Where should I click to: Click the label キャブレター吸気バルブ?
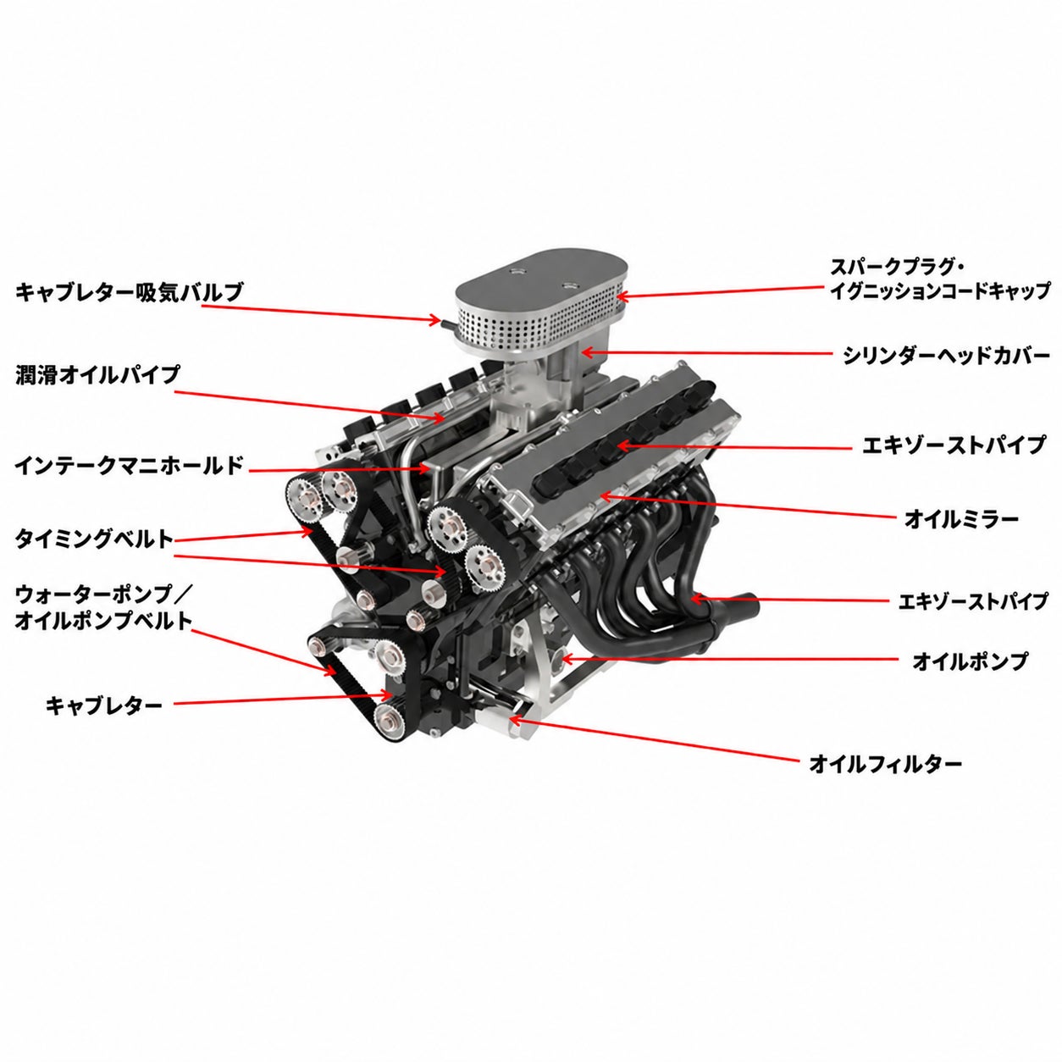point(129,292)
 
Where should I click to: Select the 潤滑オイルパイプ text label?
point(97,375)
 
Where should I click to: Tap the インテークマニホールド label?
point(129,466)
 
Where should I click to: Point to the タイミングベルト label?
point(94,539)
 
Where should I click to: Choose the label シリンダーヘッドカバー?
point(946,356)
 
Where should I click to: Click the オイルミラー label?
point(961,518)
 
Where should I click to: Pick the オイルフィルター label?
point(886,764)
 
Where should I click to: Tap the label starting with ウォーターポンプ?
point(103,608)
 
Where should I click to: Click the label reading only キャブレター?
point(104,705)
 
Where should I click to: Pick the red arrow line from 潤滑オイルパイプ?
point(308,405)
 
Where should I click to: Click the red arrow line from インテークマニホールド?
point(339,469)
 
